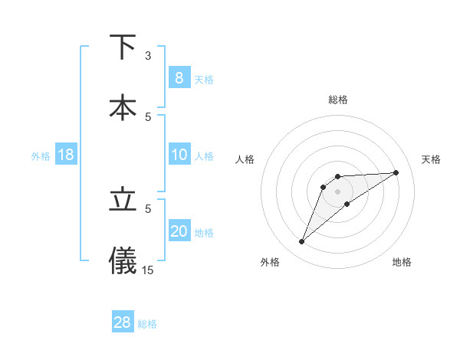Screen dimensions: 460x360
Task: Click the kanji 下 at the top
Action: coord(123,47)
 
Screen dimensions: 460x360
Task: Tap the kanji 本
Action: coord(123,107)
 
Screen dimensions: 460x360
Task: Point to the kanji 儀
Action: coord(123,260)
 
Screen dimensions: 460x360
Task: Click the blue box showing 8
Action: coord(179,78)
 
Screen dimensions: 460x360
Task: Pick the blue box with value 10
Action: coord(179,155)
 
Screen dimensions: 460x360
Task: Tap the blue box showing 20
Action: coord(179,232)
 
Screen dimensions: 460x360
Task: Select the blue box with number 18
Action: coord(66,155)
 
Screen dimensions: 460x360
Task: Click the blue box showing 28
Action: coord(123,322)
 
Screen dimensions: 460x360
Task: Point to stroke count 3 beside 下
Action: coord(148,56)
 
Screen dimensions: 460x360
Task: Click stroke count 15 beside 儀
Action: coord(148,270)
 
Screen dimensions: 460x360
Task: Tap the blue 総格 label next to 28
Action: coord(147,323)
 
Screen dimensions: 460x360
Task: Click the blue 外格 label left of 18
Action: coord(41,156)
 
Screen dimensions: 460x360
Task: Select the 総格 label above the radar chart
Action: coord(337,100)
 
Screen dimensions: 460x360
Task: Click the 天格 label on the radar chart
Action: coord(432,159)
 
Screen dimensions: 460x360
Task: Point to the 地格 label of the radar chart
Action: coord(402,262)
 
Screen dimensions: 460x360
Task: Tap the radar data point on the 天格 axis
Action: coord(396,172)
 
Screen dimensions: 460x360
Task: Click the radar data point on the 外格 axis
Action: coord(302,242)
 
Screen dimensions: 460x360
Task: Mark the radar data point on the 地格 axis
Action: coord(347,204)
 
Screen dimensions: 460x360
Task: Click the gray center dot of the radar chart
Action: coord(337,191)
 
